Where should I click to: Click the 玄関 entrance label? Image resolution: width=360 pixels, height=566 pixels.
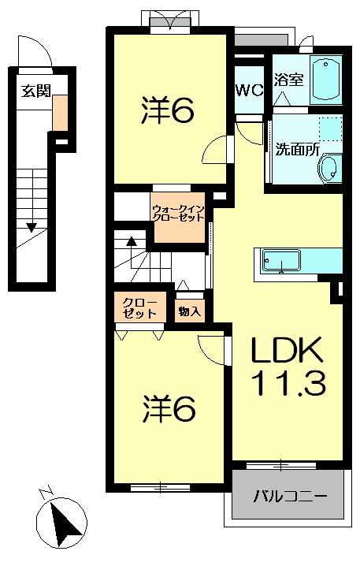[x=35, y=91]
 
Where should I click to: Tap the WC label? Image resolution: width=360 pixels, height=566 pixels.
[x=249, y=90]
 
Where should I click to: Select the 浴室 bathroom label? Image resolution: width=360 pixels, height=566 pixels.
[x=288, y=80]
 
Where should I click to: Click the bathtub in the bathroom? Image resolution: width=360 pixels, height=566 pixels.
[x=326, y=80]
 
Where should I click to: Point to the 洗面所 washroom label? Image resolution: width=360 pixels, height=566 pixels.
[x=297, y=150]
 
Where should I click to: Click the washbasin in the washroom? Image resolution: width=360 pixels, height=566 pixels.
[x=328, y=169]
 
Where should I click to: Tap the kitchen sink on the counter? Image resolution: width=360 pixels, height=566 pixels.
[x=281, y=260]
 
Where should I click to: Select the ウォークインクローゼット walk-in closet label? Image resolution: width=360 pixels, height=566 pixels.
[x=179, y=214]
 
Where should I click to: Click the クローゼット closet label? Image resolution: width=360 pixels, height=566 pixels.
[x=139, y=308]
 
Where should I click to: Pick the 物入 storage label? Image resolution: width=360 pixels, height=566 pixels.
[x=190, y=311]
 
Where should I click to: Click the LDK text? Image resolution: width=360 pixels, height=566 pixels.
[x=287, y=350]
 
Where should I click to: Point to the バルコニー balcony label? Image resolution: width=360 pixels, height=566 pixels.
[x=290, y=496]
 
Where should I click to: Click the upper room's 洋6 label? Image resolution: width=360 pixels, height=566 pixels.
[x=168, y=109]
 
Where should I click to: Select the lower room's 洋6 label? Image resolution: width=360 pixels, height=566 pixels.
[x=169, y=409]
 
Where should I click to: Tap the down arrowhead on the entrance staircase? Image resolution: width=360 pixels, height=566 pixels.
[x=32, y=227]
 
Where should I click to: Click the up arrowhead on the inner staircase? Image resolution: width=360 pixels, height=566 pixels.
[x=132, y=240]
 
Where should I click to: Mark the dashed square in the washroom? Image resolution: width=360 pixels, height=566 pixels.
[x=330, y=128]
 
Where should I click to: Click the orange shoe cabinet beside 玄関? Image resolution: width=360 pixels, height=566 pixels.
[x=60, y=113]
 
